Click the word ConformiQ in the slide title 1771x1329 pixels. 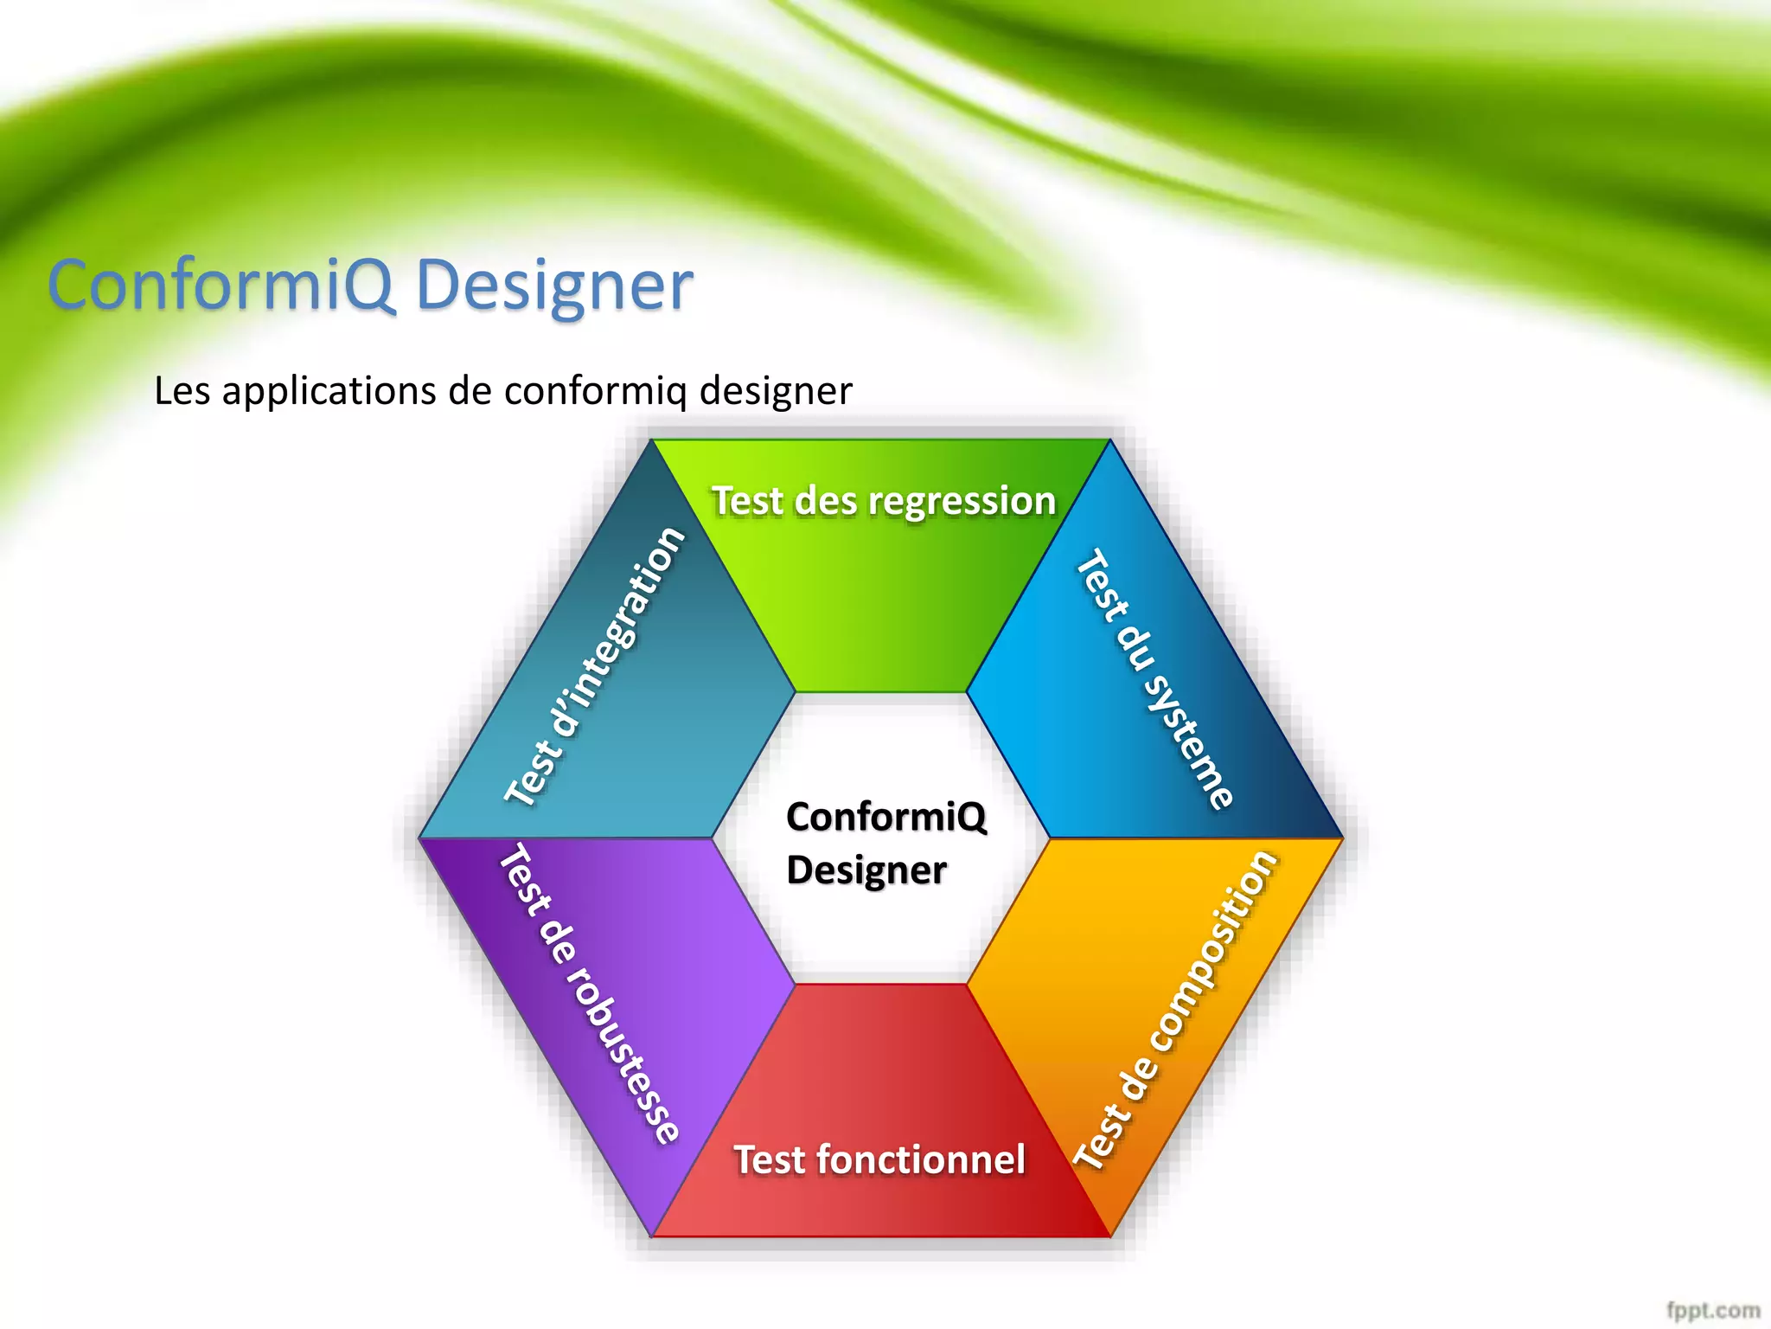221,285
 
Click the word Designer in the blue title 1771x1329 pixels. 554,286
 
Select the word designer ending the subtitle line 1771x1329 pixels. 776,391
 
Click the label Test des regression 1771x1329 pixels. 883,501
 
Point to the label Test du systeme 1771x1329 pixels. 1154,679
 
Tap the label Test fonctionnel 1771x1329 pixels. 879,1159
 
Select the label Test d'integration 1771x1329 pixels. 595,666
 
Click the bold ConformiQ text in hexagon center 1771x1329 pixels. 885,817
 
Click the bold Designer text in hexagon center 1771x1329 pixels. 866,870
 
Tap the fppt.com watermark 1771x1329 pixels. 1713,1310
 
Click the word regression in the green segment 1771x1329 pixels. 962,501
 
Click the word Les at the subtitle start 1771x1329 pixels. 182,391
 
